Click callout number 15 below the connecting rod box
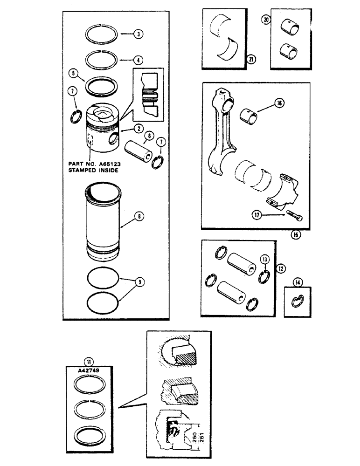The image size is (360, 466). [x=295, y=234]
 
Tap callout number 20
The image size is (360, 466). [x=266, y=20]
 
